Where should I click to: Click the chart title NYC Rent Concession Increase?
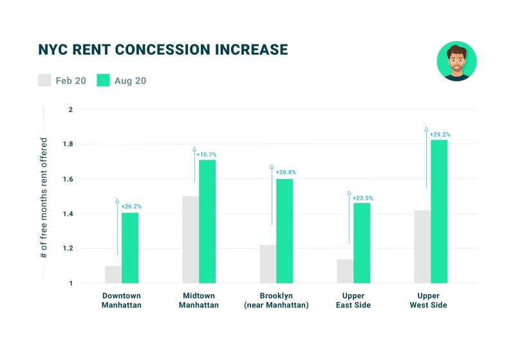[x=163, y=50]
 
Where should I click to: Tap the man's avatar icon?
[x=456, y=61]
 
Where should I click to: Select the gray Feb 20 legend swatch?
[x=44, y=81]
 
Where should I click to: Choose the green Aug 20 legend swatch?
[x=103, y=81]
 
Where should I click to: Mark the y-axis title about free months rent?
[x=44, y=198]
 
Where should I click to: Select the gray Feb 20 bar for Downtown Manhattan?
[x=113, y=274]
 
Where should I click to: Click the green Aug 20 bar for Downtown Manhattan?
[x=130, y=248]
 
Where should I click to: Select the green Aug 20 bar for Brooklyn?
[x=285, y=231]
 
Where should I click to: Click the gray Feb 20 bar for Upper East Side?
[x=345, y=271]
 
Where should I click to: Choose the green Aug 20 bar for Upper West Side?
[x=439, y=212]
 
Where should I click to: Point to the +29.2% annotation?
[x=440, y=135]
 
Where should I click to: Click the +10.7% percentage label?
[x=207, y=155]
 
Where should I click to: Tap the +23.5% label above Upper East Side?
[x=362, y=198]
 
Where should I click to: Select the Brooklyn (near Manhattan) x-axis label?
[x=276, y=300]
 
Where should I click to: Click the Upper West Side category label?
[x=428, y=300]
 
